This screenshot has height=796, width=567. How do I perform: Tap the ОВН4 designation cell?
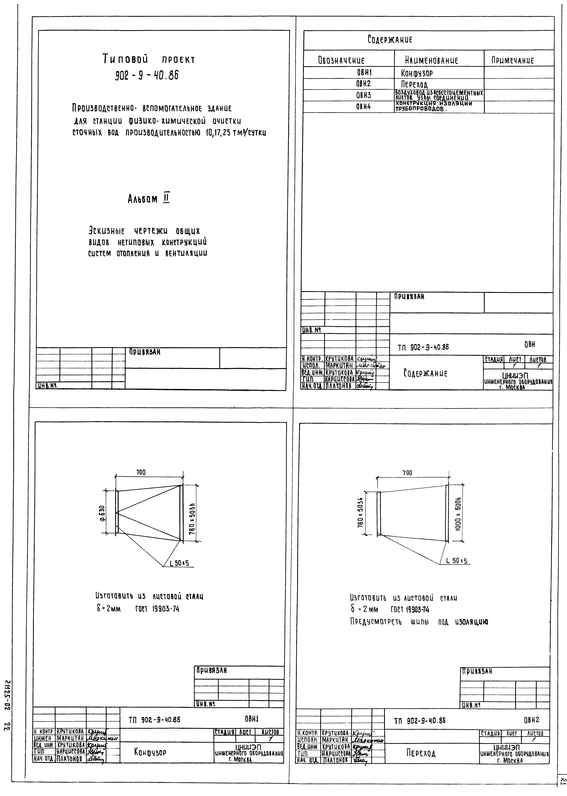click(363, 107)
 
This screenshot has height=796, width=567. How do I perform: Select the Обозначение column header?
click(341, 60)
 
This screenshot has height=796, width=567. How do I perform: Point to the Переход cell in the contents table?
click(415, 85)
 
